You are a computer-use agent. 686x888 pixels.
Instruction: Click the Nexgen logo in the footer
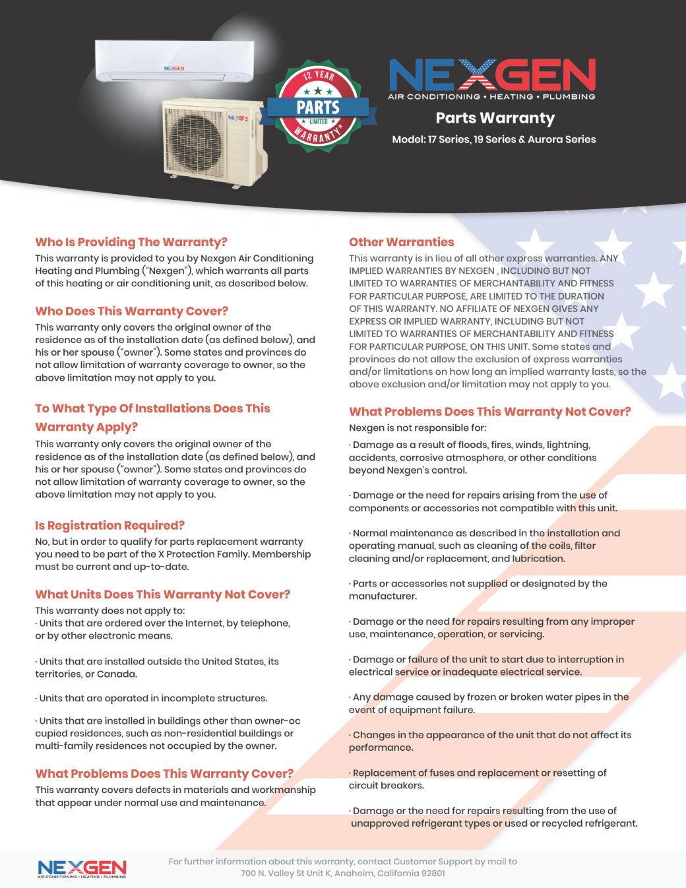[82, 868]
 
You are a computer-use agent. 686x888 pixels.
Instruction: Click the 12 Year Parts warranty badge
[318, 107]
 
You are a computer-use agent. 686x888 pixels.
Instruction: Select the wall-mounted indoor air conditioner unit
[174, 61]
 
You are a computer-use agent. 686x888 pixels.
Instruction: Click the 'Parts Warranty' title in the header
[495, 118]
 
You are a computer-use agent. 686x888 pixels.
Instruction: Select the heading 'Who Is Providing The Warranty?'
[131, 242]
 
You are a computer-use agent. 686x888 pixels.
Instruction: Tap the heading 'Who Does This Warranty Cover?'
[131, 311]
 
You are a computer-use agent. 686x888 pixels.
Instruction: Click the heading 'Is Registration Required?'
[109, 525]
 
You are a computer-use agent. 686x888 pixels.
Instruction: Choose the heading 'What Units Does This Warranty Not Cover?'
[162, 594]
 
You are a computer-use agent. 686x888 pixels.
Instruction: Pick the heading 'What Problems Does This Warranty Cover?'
[164, 773]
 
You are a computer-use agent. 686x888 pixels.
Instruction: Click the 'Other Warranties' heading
[401, 242]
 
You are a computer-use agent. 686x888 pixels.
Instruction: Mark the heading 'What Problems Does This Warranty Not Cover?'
[489, 412]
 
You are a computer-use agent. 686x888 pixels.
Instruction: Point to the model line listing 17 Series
[493, 139]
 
